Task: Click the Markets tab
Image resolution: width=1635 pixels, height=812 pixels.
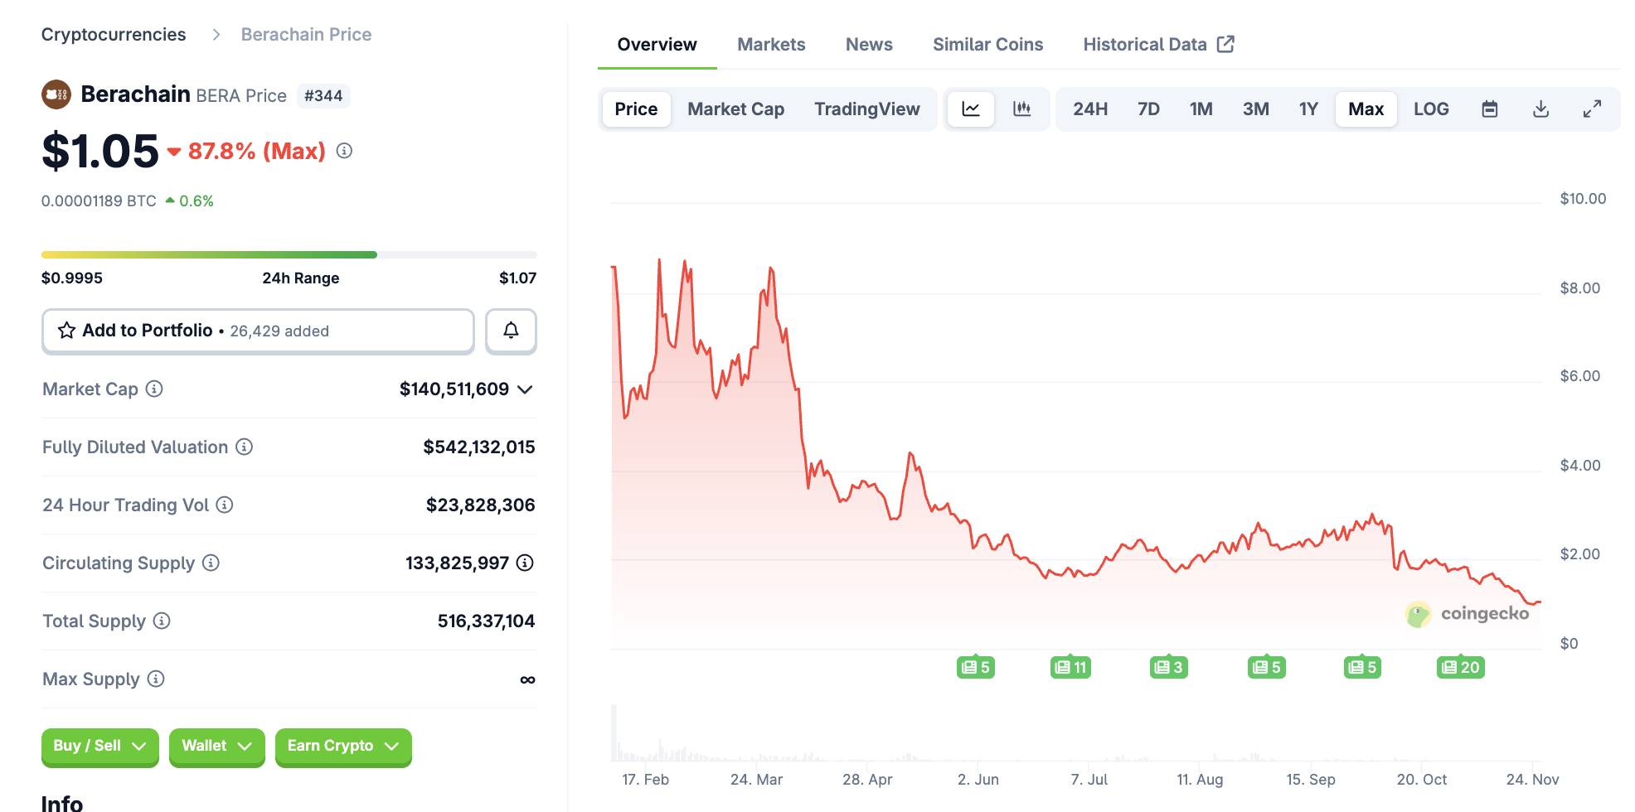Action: [x=771, y=45]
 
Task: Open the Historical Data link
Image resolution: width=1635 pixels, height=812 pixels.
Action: [x=1158, y=45]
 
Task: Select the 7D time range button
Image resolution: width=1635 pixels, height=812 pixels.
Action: [x=1148, y=109]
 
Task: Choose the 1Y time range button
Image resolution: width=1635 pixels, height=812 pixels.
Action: [x=1308, y=109]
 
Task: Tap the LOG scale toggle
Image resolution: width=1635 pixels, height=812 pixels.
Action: [x=1431, y=109]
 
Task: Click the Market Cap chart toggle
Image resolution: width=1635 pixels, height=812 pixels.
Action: [x=735, y=109]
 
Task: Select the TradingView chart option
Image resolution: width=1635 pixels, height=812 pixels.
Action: [x=866, y=109]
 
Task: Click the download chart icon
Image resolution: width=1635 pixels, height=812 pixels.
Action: [x=1540, y=109]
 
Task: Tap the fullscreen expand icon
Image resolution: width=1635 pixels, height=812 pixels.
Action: [x=1592, y=109]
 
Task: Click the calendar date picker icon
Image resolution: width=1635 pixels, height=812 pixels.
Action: [x=1489, y=109]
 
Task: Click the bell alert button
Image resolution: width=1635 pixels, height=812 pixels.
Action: [x=511, y=331]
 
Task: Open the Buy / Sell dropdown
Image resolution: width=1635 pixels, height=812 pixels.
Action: [x=99, y=747]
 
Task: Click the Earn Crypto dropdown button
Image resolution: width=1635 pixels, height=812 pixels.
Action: [x=343, y=747]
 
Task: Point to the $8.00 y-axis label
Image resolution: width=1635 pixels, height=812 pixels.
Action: [x=1579, y=288]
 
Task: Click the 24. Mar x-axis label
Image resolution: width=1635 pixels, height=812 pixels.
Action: [x=756, y=780]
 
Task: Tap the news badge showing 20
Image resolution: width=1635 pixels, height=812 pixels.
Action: [x=1460, y=668]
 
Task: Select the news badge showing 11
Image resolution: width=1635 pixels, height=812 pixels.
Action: [x=1070, y=668]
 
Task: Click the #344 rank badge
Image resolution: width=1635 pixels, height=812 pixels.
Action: [x=323, y=96]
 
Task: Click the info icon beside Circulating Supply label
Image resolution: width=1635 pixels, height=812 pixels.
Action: [x=211, y=563]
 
